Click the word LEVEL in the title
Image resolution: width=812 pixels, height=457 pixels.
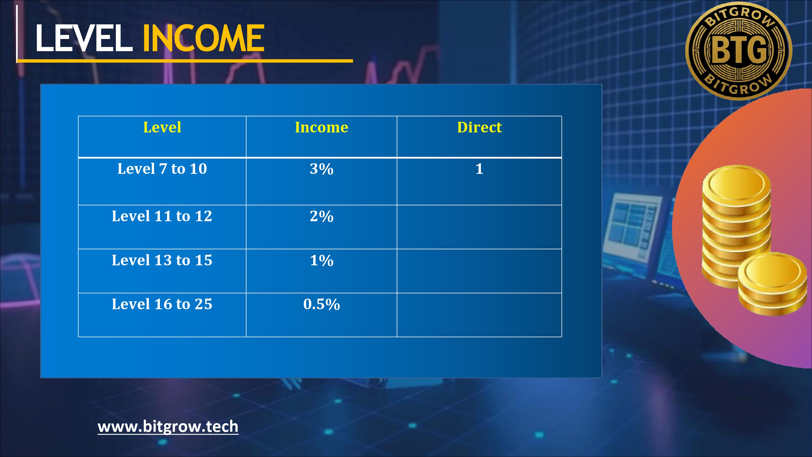coord(84,38)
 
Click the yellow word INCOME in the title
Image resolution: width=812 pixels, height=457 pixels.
coord(204,38)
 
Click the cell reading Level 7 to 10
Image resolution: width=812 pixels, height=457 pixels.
coord(162,168)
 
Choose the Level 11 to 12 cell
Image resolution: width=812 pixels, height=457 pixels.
coord(162,216)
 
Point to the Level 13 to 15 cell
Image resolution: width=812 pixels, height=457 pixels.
coord(162,260)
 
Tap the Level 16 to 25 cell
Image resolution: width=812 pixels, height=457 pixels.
coord(162,304)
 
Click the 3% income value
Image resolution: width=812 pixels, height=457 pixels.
coord(322,169)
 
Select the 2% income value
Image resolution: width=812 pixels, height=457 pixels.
coord(322,216)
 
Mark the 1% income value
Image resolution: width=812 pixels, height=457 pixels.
coord(322,260)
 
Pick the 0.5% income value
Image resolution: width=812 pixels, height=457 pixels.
coord(322,304)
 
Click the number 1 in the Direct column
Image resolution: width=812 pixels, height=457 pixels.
coord(479,169)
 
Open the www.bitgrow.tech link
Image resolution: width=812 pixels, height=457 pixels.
coord(168,427)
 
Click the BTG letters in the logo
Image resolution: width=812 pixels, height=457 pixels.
coord(739,50)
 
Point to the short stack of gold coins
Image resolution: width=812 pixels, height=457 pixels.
coord(772,284)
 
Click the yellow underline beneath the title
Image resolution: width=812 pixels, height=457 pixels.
coord(185,61)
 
